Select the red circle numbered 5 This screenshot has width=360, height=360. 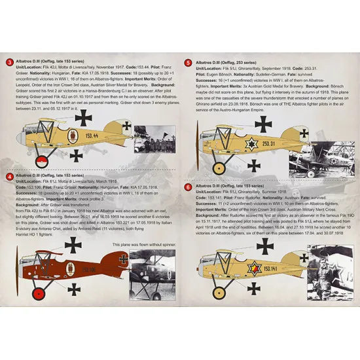[x=189, y=62]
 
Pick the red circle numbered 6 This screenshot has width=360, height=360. [x=189, y=187]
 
